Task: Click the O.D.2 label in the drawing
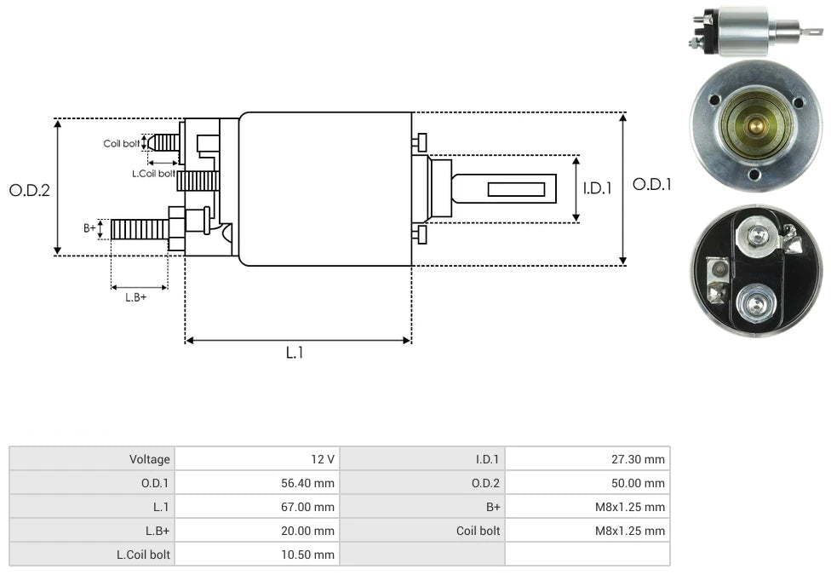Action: tap(30, 190)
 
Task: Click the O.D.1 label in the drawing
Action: tap(651, 184)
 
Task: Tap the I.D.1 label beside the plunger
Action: tap(597, 188)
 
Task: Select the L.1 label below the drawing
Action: tap(294, 352)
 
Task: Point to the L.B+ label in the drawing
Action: tap(136, 297)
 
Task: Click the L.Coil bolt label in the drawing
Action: tap(153, 173)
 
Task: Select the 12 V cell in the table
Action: tap(256, 459)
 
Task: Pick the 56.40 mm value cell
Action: tap(256, 483)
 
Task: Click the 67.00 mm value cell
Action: tap(256, 507)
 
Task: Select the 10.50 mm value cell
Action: tap(256, 555)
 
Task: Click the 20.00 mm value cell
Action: tap(256, 531)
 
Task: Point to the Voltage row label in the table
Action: tap(92, 459)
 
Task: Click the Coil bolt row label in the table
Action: tap(422, 531)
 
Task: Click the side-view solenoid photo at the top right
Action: tap(754, 31)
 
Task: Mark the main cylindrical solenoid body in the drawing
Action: tap(325, 189)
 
